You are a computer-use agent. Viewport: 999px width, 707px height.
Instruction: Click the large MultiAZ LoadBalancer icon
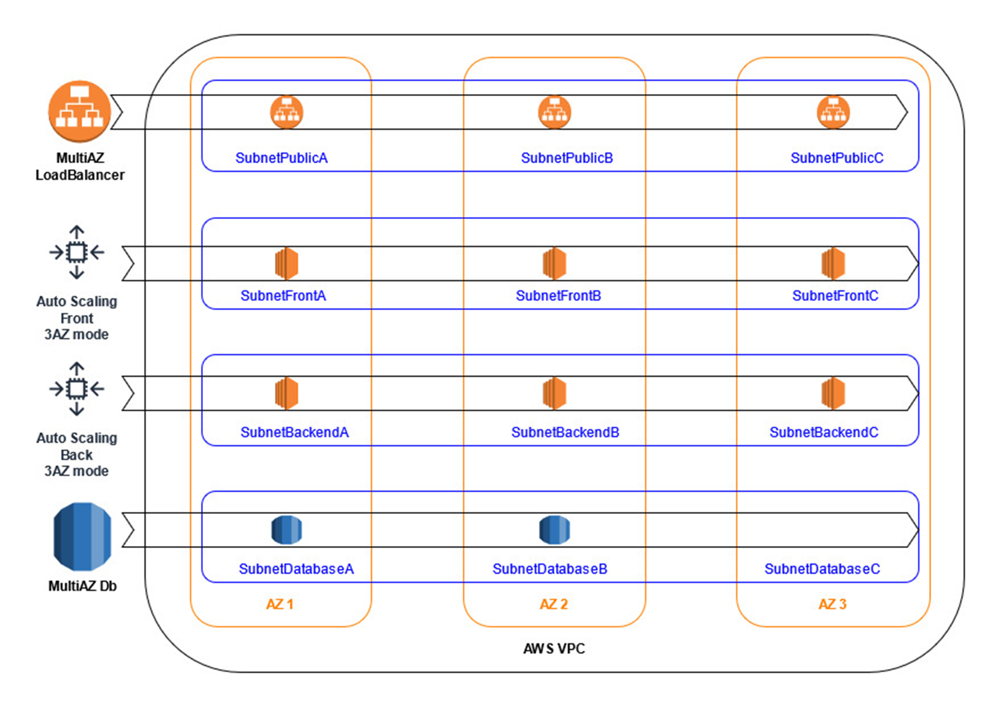pyautogui.click(x=80, y=112)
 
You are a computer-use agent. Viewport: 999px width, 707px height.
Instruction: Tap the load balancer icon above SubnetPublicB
pyautogui.click(x=554, y=112)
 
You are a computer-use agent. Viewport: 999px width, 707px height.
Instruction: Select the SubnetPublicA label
pyautogui.click(x=281, y=158)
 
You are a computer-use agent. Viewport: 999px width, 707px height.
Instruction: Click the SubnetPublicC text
pyautogui.click(x=836, y=158)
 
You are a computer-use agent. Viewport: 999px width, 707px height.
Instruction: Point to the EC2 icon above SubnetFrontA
pyautogui.click(x=287, y=263)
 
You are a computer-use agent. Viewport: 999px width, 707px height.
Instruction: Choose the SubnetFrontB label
pyautogui.click(x=558, y=296)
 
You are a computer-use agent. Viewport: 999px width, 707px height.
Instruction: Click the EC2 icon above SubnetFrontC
pyautogui.click(x=833, y=263)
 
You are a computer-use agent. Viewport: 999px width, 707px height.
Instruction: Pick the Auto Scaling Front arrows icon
pyautogui.click(x=77, y=252)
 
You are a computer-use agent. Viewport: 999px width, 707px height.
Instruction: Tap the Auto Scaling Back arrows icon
pyautogui.click(x=77, y=389)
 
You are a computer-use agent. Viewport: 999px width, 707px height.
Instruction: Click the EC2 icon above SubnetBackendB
pyautogui.click(x=554, y=393)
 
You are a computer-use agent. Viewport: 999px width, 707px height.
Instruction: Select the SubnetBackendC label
pyautogui.click(x=824, y=433)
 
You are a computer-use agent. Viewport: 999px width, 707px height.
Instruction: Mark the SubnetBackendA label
pyautogui.click(x=294, y=433)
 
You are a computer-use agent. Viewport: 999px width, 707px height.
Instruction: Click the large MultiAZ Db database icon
pyautogui.click(x=82, y=537)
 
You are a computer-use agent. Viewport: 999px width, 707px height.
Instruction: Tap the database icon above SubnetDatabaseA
pyautogui.click(x=287, y=530)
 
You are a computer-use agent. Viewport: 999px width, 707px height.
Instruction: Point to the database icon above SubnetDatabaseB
pyautogui.click(x=554, y=530)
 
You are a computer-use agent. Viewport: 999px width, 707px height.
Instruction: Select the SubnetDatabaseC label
pyautogui.click(x=822, y=569)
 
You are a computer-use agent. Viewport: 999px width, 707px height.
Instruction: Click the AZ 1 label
pyautogui.click(x=280, y=604)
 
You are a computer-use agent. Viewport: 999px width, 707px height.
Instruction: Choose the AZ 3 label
pyautogui.click(x=832, y=604)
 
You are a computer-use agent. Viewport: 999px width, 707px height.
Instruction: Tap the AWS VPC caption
pyautogui.click(x=554, y=648)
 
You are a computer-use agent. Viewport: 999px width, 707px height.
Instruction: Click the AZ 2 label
pyautogui.click(x=554, y=604)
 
